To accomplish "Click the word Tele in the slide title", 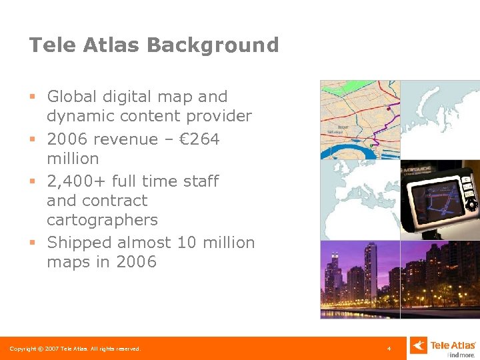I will click(x=51, y=45).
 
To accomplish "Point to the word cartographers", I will click(x=102, y=220).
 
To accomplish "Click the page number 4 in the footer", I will click(x=389, y=349).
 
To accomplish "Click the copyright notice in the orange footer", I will click(x=75, y=349).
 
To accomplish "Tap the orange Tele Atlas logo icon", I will click(x=417, y=345).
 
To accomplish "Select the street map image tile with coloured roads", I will click(x=359, y=119).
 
